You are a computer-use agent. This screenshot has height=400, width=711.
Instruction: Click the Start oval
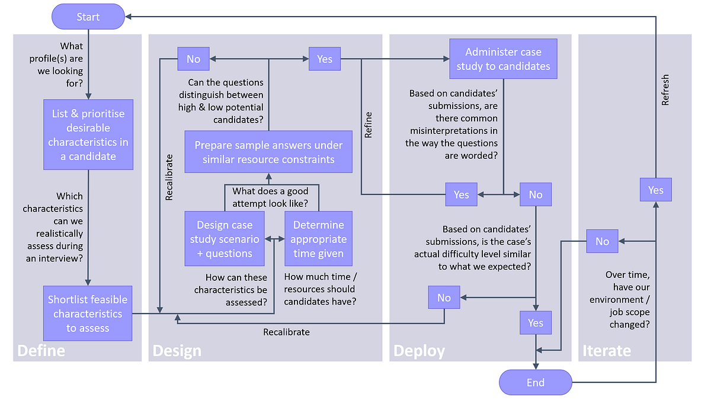point(88,17)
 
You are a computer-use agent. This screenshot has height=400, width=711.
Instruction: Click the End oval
point(535,382)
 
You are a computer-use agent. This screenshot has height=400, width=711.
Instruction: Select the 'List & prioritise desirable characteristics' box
point(88,135)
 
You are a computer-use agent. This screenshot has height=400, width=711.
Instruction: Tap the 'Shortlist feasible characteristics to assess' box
point(88,313)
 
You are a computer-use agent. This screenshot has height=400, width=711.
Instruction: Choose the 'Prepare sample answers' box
point(268,152)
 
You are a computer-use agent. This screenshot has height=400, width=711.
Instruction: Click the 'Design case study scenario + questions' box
point(225,239)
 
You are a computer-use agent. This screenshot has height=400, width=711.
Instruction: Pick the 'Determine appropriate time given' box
point(318,239)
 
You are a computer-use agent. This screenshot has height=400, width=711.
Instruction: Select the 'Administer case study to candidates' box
point(503,59)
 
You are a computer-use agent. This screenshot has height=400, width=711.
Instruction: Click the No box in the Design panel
point(193,59)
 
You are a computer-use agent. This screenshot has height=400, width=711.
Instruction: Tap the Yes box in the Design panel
point(325,59)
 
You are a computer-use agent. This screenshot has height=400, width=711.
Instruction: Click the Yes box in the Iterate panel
point(655,190)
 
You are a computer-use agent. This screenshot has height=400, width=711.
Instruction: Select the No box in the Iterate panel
point(602,241)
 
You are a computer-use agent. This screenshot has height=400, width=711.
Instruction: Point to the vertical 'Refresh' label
point(665,90)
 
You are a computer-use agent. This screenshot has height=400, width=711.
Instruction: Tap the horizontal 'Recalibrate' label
point(286,332)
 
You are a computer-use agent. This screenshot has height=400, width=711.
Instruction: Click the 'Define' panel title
point(41,351)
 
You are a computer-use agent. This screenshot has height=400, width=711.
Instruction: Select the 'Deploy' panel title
point(419,351)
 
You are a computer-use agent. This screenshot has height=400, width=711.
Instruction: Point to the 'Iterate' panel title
point(607,351)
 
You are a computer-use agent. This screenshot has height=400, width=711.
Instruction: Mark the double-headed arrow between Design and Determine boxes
point(274,239)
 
